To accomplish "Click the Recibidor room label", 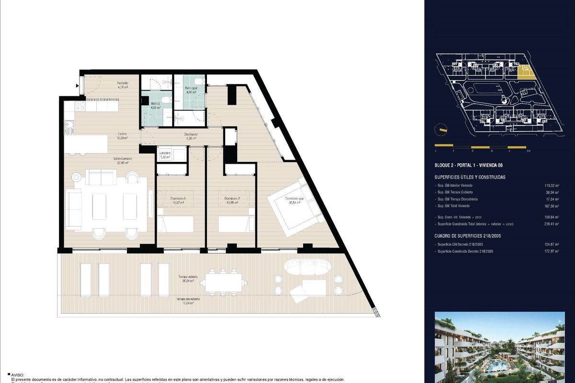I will [123, 85].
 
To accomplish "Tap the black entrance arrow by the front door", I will [77, 86].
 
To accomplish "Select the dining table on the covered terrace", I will [225, 281].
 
